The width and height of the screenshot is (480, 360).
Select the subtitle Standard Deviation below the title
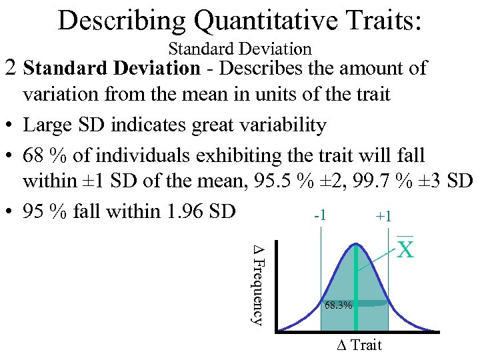pyautogui.click(x=240, y=49)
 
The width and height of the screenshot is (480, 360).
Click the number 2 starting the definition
pyautogui.click(x=10, y=68)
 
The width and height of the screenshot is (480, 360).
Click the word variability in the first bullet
pyautogui.click(x=271, y=125)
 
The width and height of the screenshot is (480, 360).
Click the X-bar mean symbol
pyautogui.click(x=406, y=248)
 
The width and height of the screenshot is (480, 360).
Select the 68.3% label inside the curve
pyautogui.click(x=338, y=305)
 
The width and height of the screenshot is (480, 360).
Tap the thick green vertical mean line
pyautogui.click(x=357, y=287)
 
